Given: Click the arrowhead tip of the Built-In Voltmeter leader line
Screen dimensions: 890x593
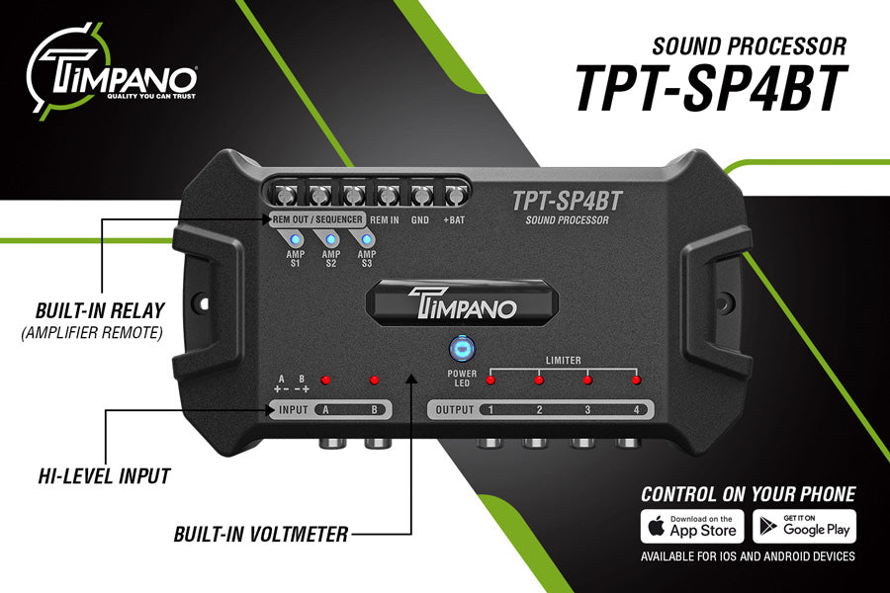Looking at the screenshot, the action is (411, 375).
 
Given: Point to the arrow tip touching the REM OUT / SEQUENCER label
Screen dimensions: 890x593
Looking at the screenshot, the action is (272, 219).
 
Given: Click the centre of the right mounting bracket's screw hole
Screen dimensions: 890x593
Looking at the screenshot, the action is (724, 301).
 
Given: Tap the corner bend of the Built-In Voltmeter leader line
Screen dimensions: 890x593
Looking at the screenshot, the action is (411, 534).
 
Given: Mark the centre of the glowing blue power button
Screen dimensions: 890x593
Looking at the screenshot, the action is (462, 349).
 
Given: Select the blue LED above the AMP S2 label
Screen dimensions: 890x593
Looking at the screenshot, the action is (330, 239).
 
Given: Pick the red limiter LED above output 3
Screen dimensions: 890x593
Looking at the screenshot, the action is (587, 380).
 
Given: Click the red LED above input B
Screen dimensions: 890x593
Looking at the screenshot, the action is (374, 380).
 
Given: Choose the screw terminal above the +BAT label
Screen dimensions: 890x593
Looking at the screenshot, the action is (455, 196).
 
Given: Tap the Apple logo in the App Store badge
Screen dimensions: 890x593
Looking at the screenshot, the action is (657, 527).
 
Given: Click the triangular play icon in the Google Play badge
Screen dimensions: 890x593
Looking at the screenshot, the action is (768, 527).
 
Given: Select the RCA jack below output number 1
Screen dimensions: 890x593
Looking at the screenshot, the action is (490, 443).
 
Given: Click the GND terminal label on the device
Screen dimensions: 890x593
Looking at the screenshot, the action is (420, 219).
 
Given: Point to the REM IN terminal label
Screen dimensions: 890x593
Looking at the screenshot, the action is (385, 219).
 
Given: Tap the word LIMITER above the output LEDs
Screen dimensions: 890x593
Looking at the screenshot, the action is (563, 361).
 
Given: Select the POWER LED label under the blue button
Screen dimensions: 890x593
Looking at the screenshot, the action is (462, 379).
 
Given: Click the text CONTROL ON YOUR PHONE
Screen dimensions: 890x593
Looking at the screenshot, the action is (749, 494).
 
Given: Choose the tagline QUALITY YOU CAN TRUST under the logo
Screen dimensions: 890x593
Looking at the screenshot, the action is (151, 97).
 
